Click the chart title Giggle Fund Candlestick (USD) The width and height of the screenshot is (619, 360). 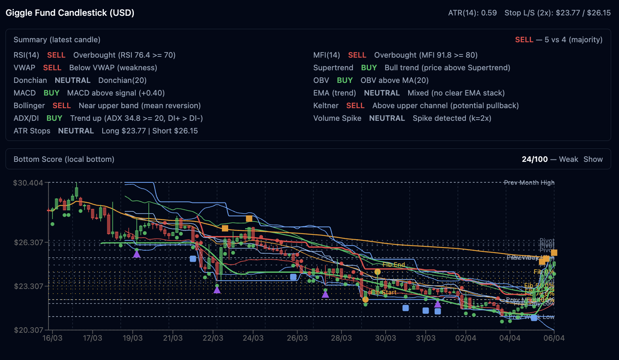point(70,13)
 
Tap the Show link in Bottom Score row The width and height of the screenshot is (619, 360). point(593,159)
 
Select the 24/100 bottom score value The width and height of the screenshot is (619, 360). point(535,159)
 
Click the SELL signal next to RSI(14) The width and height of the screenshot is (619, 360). point(56,55)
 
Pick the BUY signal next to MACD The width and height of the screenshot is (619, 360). point(51,93)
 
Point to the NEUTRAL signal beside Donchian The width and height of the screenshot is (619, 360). point(73,80)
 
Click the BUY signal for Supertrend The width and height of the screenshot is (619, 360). point(369,67)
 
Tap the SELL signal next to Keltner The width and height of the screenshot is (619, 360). point(355,105)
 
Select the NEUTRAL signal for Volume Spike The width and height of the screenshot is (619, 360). point(387,118)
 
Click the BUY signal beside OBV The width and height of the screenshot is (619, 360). point(345,80)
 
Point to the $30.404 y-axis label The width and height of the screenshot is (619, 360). point(28,183)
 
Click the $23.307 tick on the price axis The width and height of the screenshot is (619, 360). point(28,286)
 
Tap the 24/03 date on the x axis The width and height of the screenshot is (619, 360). point(253,338)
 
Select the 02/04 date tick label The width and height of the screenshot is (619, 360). point(465,338)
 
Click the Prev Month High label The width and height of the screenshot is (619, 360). point(529,182)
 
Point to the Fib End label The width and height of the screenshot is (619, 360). point(394,264)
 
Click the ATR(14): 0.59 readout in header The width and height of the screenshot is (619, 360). point(472,13)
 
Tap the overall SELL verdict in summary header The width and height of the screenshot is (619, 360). point(524,39)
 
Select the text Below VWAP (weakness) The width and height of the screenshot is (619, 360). point(113,67)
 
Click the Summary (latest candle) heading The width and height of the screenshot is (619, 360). point(57,39)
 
